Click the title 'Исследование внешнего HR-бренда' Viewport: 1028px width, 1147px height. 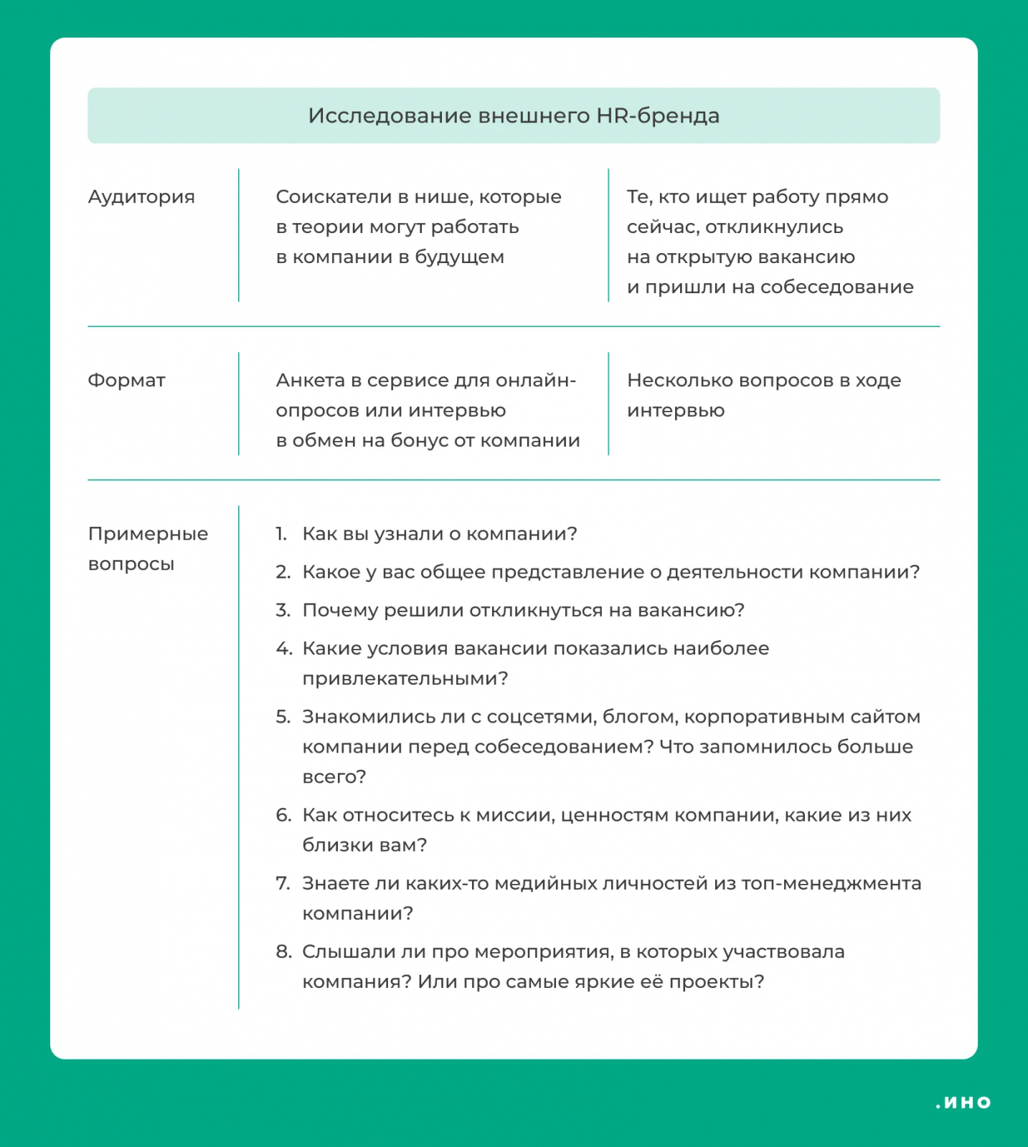click(x=514, y=116)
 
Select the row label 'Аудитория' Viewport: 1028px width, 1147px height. click(x=141, y=197)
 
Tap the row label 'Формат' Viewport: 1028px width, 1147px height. click(x=126, y=381)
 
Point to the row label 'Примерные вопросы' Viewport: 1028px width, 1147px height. click(x=148, y=548)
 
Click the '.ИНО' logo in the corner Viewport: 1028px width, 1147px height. click(x=963, y=1103)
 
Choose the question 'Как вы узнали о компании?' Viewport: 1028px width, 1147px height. click(x=439, y=534)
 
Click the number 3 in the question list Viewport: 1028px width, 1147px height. click(x=283, y=610)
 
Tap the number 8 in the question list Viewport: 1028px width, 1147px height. click(x=283, y=951)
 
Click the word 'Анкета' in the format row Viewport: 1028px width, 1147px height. click(x=310, y=381)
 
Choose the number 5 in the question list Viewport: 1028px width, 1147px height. click(x=283, y=717)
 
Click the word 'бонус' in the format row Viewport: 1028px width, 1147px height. click(x=418, y=441)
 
